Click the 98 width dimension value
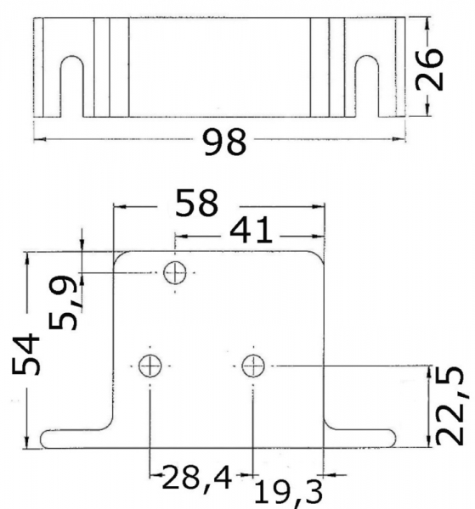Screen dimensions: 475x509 (x=224, y=143)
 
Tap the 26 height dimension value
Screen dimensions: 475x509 (x=429, y=69)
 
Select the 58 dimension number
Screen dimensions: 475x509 (x=196, y=204)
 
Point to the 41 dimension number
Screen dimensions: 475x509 (x=251, y=231)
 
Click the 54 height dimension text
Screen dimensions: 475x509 (x=26, y=354)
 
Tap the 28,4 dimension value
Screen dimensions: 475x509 (x=197, y=478)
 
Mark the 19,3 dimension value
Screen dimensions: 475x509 (x=288, y=494)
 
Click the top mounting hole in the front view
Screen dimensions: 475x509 (x=175, y=272)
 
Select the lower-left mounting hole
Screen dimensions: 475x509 (x=150, y=366)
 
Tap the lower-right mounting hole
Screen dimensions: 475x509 (x=253, y=366)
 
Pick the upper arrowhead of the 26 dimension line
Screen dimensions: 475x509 (x=427, y=22)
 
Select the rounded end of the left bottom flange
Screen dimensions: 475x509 (x=43, y=439)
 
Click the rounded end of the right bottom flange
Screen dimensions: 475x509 (x=393, y=439)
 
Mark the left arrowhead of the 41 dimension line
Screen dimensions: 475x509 (x=181, y=237)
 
